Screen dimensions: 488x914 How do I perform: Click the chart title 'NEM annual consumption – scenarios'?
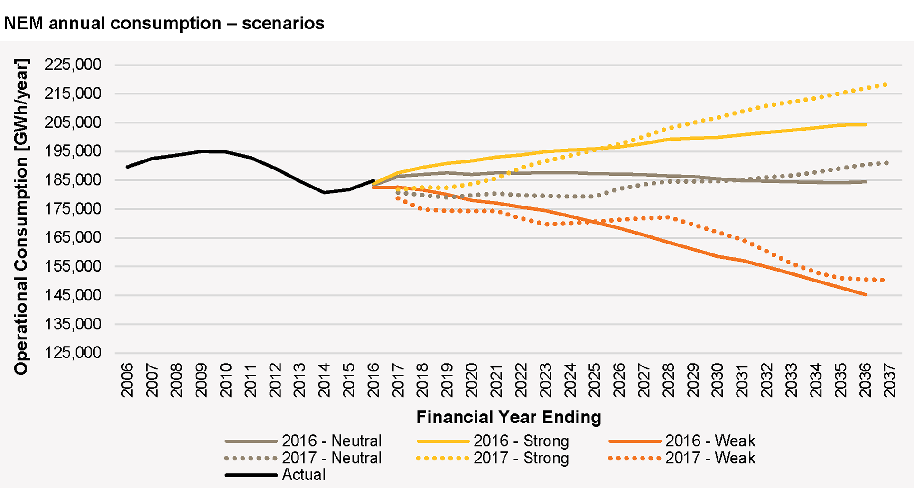coord(164,23)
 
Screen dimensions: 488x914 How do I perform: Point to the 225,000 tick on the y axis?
coord(73,65)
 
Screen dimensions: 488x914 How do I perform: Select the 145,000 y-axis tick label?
coord(73,295)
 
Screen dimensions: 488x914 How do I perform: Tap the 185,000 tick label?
coord(73,180)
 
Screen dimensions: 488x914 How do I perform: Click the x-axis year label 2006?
coord(127,380)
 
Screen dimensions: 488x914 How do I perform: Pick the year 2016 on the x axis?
coord(373,380)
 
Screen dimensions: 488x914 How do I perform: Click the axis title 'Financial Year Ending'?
coord(509,417)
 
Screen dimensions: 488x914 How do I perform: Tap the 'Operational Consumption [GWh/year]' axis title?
coord(21,216)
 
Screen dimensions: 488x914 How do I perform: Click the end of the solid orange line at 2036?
coord(866,295)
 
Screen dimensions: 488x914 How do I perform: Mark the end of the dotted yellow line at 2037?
coord(885,84)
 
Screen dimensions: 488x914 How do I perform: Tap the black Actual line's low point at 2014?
coord(324,192)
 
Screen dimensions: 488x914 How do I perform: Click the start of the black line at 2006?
coord(127,167)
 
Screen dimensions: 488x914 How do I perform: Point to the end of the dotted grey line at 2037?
coord(886,163)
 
